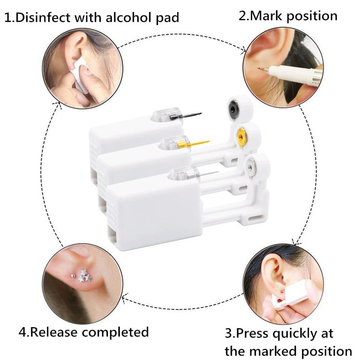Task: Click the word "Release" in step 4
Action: pyautogui.click(x=54, y=332)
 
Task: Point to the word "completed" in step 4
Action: pyautogui.click(x=116, y=332)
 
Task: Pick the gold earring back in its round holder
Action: pyautogui.click(x=241, y=137)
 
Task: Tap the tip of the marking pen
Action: pyautogui.click(x=259, y=68)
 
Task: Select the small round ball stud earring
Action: pyautogui.click(x=73, y=275)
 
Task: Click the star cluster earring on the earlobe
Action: pyautogui.click(x=84, y=276)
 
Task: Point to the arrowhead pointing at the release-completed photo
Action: pyautogui.click(x=124, y=297)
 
